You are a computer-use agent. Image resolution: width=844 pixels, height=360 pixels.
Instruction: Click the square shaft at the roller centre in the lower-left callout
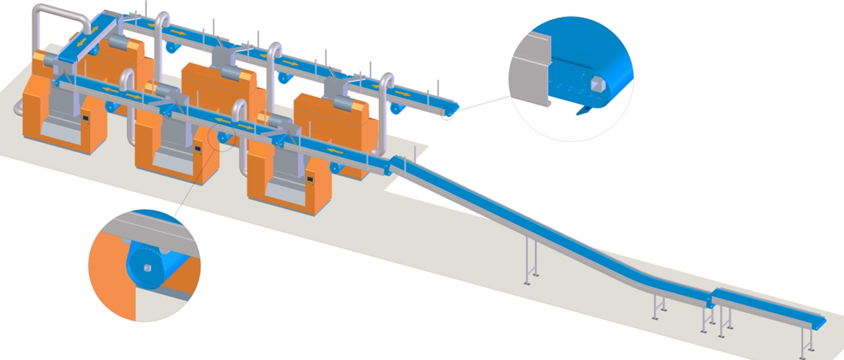pyautogui.click(x=147, y=269)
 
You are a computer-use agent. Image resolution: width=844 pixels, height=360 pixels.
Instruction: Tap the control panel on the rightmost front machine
pyautogui.click(x=311, y=177)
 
